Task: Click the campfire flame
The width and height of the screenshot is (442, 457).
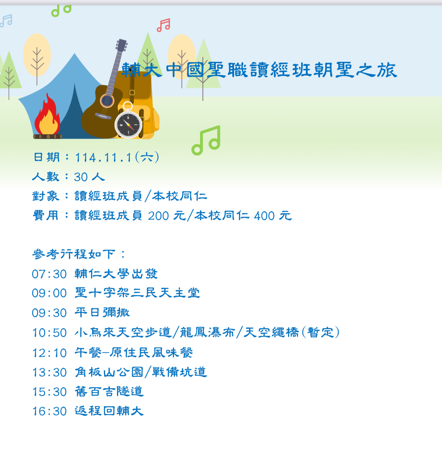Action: pos(47,115)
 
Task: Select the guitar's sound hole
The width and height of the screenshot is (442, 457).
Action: pos(107,101)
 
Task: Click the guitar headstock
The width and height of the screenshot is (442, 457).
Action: pos(121,45)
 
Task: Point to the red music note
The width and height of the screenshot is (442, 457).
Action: pos(163,25)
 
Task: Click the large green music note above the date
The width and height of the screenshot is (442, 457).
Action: pos(206,140)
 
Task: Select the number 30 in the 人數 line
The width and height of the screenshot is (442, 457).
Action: pos(81,177)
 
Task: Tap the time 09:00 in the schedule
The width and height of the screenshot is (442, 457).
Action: pos(49,293)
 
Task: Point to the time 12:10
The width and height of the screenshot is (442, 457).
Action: pos(49,353)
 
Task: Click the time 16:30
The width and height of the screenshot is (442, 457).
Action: pos(49,411)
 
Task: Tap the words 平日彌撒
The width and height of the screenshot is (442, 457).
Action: pos(102,313)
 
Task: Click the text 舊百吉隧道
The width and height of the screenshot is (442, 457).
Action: pos(109,391)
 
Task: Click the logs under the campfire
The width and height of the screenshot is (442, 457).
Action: pos(48,136)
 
